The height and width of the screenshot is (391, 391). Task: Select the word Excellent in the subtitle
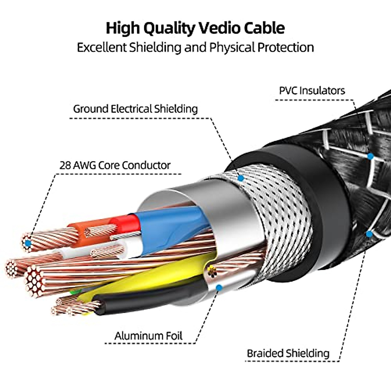point(101,48)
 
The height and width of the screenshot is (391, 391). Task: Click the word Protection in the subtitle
point(285,48)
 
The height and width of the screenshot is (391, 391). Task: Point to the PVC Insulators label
point(312,90)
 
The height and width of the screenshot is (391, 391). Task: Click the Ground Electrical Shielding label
point(135,109)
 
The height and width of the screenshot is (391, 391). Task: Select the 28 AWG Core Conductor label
point(115,165)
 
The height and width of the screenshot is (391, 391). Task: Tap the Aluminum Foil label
point(148,336)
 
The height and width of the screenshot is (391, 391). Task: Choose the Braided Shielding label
point(288,353)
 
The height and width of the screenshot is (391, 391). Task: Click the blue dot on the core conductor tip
point(28,243)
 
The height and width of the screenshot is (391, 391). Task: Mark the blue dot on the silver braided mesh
point(241,178)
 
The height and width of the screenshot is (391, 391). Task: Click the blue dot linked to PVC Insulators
point(370,156)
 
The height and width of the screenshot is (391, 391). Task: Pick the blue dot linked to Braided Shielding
point(369,234)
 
